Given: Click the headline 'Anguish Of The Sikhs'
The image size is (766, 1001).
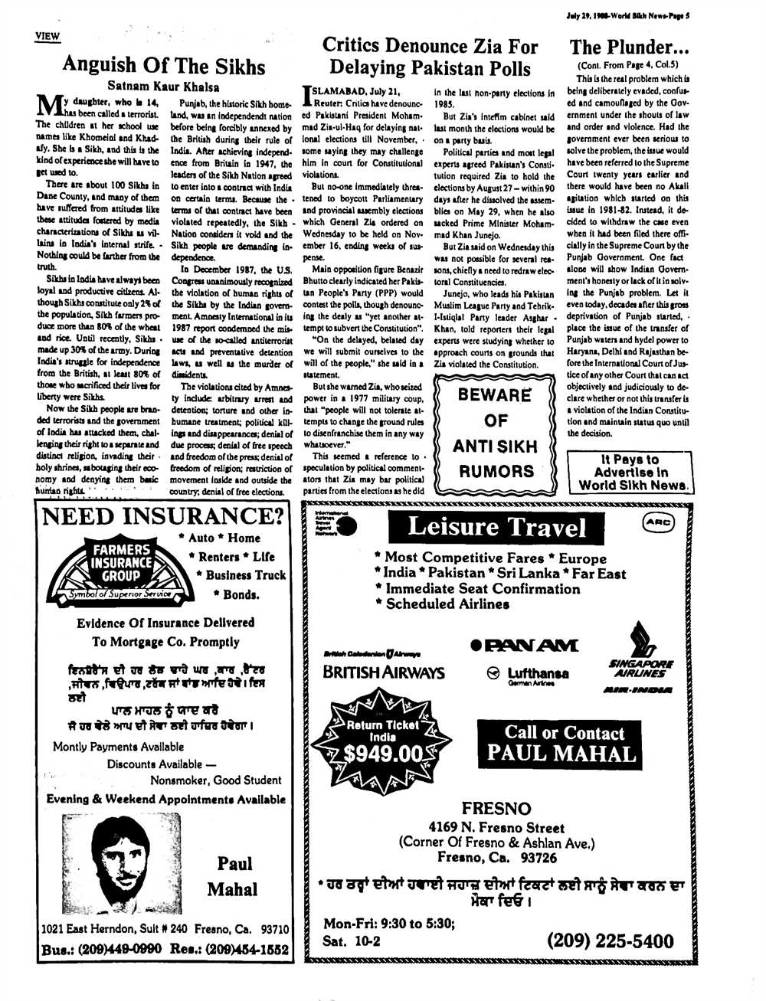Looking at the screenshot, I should (x=163, y=64).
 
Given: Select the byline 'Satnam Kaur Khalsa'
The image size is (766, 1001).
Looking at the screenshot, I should (x=163, y=87).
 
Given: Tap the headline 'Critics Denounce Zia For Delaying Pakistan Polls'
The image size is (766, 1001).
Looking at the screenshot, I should (x=430, y=57).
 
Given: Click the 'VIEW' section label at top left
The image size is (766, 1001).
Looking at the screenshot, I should (x=47, y=36).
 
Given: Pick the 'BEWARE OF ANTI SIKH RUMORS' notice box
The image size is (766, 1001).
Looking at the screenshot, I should (x=494, y=433).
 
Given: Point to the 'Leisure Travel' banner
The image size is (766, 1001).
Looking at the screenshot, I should (x=497, y=527).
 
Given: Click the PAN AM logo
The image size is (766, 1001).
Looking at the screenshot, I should (x=526, y=646).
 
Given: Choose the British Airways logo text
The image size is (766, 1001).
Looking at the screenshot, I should (x=383, y=672).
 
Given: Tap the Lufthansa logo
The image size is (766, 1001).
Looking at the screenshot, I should (x=529, y=674).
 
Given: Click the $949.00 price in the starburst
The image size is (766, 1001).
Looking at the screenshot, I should (x=383, y=754).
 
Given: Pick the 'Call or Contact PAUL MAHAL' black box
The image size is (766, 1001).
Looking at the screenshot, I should (x=560, y=742).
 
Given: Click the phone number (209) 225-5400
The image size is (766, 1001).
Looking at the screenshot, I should (x=610, y=940).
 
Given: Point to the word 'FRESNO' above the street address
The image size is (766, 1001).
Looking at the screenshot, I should (x=496, y=809).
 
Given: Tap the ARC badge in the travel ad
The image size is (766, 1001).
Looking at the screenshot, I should (x=657, y=522).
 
